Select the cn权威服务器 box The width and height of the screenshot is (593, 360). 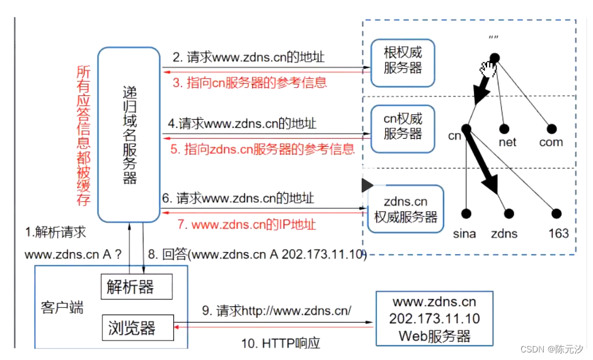tap(403, 125)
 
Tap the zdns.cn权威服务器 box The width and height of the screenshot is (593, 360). tap(405, 209)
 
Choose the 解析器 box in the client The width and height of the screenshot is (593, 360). tap(136, 287)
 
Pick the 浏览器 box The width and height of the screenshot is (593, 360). tap(137, 328)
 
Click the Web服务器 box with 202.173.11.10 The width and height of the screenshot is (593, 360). tap(434, 318)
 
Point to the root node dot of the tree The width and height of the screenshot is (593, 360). tap(495, 59)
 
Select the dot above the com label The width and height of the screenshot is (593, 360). tap(552, 129)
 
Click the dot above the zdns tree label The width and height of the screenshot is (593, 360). tap(509, 214)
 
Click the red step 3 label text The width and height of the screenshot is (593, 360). tap(250, 83)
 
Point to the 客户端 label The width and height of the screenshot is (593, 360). tap(62, 308)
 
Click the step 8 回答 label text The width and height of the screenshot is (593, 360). tap(255, 254)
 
